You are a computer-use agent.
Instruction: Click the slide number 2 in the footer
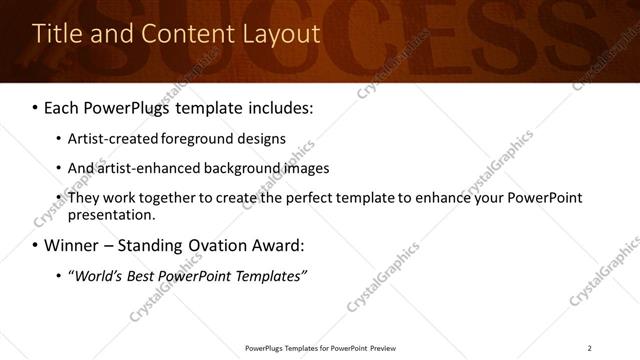pos(589,347)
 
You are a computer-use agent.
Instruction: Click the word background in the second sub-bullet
pos(249,168)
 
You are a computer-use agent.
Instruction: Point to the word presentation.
pos(111,214)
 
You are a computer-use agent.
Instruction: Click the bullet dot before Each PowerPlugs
pos(36,106)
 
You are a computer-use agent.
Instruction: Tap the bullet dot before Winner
pos(36,245)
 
